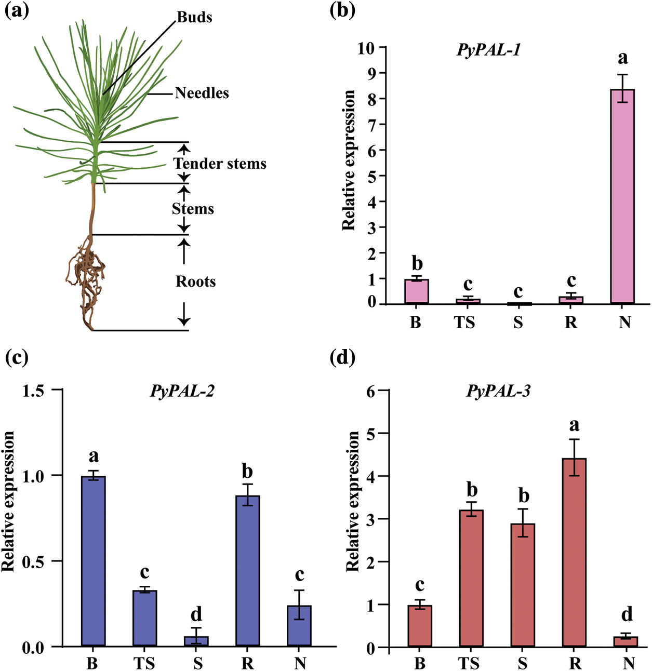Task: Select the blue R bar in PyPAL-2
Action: [247, 571]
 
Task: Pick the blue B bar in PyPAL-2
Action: [94, 561]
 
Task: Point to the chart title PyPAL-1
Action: [488, 50]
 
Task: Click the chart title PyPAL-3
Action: [498, 391]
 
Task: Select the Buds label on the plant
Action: [194, 17]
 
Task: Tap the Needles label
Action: [202, 93]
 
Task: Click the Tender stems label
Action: [220, 164]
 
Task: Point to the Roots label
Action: [195, 281]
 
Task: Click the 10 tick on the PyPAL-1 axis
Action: [366, 48]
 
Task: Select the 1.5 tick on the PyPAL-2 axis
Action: [33, 391]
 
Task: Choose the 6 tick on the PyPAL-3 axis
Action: [370, 391]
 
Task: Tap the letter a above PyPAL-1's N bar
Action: [622, 58]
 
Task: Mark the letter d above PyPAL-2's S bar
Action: [196, 614]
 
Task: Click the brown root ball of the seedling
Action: [87, 275]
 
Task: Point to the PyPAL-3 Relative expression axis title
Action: [353, 501]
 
